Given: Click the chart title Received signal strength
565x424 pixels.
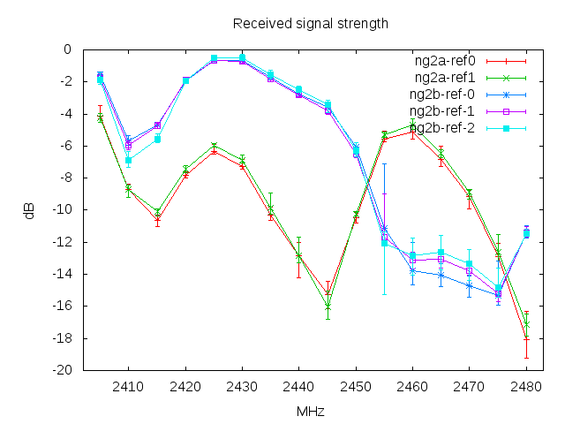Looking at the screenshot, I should (310, 24).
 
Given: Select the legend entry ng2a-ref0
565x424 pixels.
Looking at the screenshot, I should (445, 62).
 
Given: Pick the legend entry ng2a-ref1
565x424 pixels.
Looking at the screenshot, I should (445, 79).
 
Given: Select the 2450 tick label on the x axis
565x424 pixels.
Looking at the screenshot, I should (356, 386).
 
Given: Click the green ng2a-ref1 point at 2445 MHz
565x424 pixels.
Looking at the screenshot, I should (328, 307).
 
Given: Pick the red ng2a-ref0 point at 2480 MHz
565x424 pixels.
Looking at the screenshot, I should (526, 337).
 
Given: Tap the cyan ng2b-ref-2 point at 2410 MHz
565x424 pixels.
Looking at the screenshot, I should (128, 160).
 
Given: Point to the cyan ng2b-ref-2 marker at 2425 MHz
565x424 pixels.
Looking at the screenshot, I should (214, 58).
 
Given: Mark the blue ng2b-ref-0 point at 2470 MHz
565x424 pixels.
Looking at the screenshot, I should (470, 285).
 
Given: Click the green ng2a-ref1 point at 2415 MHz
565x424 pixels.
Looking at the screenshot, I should (157, 212).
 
